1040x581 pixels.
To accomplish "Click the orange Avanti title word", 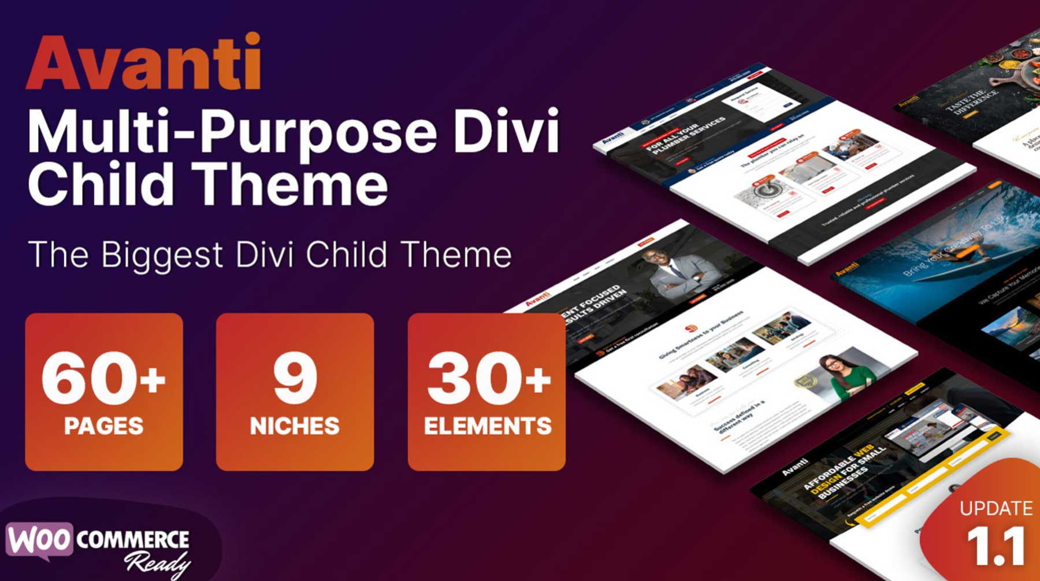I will [143, 62].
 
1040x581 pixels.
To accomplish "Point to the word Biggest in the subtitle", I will [162, 254].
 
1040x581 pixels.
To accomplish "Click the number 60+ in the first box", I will [103, 379].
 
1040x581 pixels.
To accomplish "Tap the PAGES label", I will [103, 426].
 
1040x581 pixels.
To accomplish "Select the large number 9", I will [295, 379].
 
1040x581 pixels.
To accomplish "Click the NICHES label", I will [295, 426].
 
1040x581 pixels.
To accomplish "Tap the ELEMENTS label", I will [487, 426].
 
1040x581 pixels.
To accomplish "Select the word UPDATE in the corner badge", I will [996, 509].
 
